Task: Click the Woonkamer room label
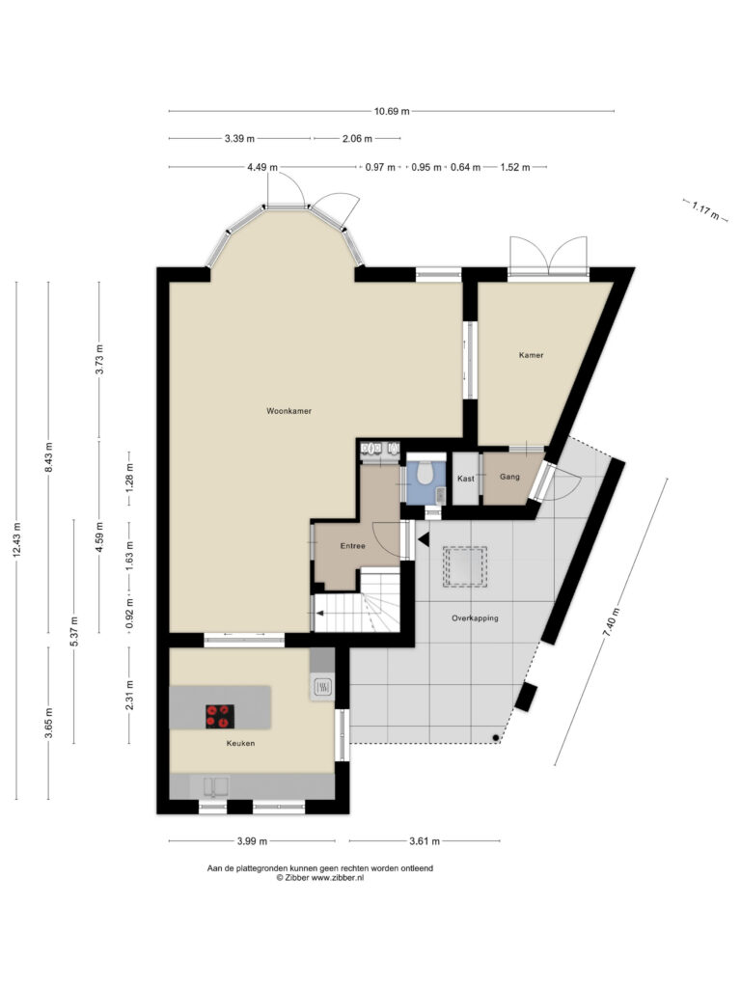tap(288, 411)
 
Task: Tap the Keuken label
tap(240, 743)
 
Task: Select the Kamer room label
tap(532, 355)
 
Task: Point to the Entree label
tap(353, 546)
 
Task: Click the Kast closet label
tap(466, 479)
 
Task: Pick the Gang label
tap(509, 477)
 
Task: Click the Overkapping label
tap(475, 618)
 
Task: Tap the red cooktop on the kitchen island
tap(221, 717)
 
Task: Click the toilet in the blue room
tap(425, 473)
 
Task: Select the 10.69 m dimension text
tap(392, 112)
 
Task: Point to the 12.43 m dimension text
tap(17, 539)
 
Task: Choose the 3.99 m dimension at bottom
tap(252, 840)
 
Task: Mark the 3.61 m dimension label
tap(425, 840)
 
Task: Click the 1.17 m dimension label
tap(705, 209)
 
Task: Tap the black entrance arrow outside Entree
tap(424, 539)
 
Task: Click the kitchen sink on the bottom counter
tap(215, 787)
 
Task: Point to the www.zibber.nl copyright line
tap(320, 877)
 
